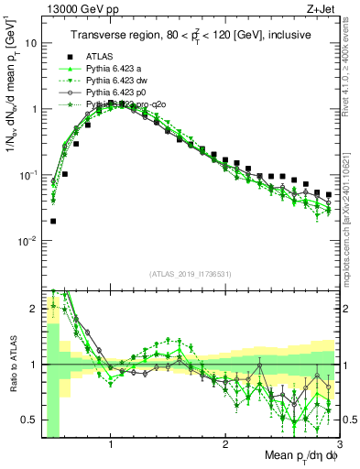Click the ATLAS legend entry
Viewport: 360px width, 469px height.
pos(101,56)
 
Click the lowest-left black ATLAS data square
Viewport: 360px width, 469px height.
pos(53,221)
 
